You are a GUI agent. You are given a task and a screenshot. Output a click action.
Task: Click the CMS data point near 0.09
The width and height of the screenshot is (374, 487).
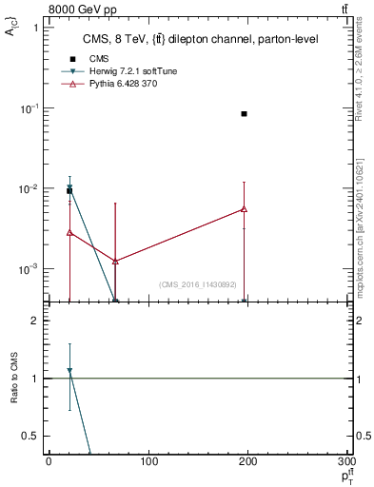245,114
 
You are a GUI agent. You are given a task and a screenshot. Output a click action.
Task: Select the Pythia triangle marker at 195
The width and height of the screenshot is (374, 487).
245,209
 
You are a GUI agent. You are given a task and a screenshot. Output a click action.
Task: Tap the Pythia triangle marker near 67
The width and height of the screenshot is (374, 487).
115,261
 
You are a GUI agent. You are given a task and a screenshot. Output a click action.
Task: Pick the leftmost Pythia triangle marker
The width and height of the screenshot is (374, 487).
69,232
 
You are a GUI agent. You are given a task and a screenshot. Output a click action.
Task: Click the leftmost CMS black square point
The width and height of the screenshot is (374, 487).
69,191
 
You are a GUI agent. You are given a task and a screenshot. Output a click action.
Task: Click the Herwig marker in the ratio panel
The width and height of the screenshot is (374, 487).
69,371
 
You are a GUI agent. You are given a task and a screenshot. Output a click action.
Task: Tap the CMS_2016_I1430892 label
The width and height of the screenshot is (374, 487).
197,284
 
